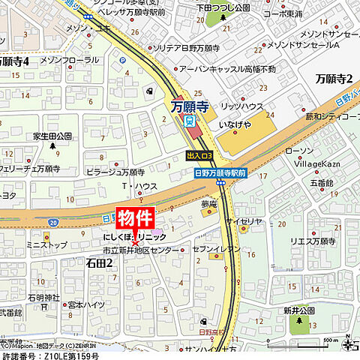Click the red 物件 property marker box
(x=135, y=217)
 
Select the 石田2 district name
(x=99, y=262)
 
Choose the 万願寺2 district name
(x=334, y=78)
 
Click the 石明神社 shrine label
(x=43, y=297)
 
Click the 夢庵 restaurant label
(x=208, y=202)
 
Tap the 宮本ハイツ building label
(x=84, y=304)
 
